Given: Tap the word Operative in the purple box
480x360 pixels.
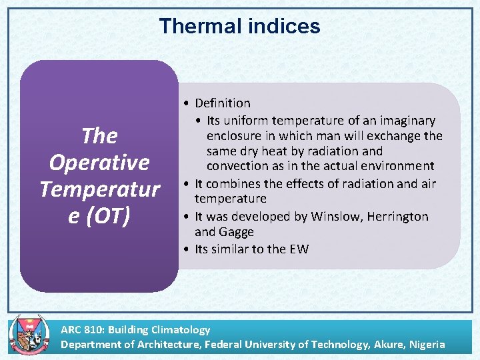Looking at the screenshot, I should (99, 163).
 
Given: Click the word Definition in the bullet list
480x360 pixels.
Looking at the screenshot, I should (223, 103).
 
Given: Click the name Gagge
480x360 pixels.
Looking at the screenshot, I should (239, 233).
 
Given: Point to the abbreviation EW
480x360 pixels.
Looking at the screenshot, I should (299, 249).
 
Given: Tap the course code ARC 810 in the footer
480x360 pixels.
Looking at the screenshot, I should (81, 329).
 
